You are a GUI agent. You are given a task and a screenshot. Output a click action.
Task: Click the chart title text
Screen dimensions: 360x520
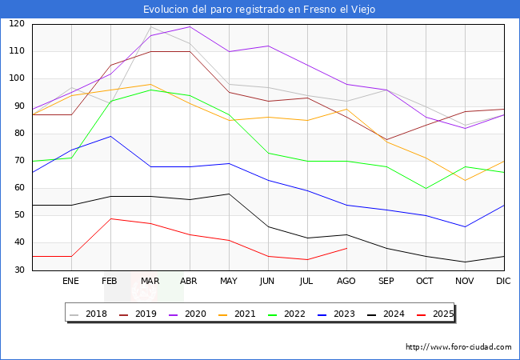click(259, 10)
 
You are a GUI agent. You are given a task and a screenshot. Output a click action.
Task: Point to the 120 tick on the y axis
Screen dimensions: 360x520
click(18, 24)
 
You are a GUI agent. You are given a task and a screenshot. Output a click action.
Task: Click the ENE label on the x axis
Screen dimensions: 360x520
click(71, 282)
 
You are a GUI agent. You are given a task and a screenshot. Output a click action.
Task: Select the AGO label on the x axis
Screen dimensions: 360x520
click(347, 282)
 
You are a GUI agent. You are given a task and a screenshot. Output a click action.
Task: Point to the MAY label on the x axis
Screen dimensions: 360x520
click(229, 282)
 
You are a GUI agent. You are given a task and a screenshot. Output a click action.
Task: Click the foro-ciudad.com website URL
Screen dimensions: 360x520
click(458, 347)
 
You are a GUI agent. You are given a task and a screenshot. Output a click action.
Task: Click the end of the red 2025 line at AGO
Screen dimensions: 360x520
click(346, 248)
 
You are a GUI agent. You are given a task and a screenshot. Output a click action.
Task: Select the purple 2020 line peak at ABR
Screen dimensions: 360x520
click(190, 26)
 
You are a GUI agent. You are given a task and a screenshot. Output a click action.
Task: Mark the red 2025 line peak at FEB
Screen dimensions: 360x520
click(110, 218)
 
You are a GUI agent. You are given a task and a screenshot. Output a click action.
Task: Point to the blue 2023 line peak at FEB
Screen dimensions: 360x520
click(110, 136)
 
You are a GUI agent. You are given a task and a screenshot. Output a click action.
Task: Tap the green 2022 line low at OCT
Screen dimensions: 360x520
click(426, 188)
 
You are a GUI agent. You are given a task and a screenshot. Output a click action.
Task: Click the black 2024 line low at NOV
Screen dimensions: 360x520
click(465, 262)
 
